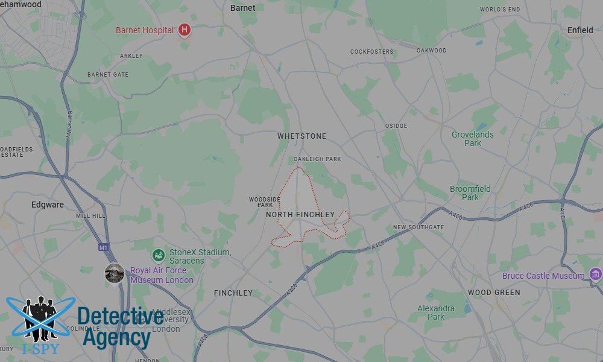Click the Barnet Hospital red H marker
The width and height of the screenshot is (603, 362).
pos(185,30)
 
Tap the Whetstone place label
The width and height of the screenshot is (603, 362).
pos(301,136)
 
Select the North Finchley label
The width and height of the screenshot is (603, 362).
pos(300,214)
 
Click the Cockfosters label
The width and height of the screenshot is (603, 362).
pos(371,52)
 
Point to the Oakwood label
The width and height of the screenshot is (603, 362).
pos(431,51)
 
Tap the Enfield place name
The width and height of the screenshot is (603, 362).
pos(580,30)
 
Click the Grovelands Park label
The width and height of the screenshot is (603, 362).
pos(472,139)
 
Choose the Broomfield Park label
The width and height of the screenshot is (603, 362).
pos(470,193)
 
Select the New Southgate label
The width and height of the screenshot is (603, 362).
pos(418,227)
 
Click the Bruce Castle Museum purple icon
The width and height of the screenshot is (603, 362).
pos(596,275)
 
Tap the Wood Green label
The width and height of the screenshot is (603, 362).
pos(494,293)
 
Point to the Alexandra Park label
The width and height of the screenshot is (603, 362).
pos(436,313)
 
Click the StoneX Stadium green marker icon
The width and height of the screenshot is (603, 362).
pos(158,256)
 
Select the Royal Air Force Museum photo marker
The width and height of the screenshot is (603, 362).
pos(115,273)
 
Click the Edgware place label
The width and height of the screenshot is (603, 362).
pos(48,205)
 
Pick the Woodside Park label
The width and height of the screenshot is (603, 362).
pos(264,202)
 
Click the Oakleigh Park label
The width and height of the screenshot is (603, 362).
pos(317,159)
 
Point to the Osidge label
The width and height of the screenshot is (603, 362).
pos(396,126)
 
